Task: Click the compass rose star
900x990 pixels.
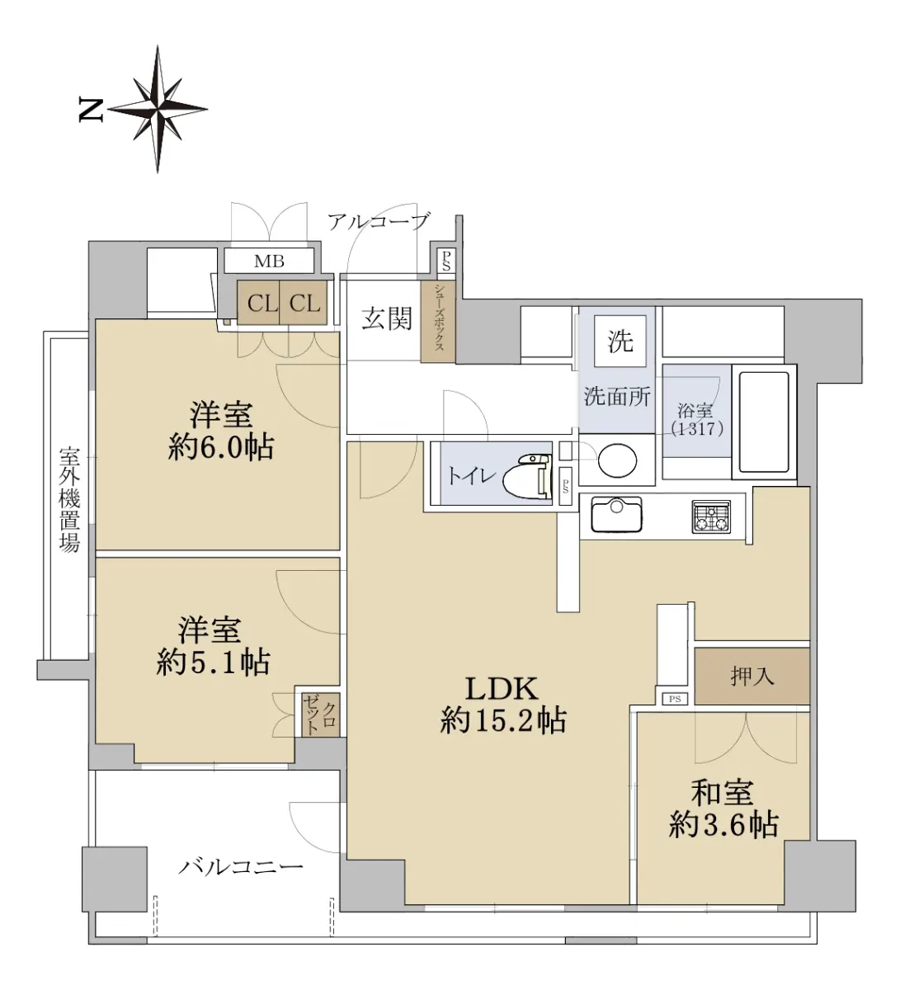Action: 158,109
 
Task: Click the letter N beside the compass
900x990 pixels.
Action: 91,110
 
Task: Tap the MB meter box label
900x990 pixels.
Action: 269,261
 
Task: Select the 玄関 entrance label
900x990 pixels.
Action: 387,318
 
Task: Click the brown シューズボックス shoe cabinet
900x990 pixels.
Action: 438,323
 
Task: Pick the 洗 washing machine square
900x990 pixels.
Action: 620,341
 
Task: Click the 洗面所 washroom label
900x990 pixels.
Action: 617,396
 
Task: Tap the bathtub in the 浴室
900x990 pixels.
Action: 764,422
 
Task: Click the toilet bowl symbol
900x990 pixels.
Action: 527,474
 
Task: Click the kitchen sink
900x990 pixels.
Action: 616,514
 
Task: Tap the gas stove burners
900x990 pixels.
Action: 712,516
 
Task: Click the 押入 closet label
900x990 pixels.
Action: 752,676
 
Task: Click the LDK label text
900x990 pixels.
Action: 502,690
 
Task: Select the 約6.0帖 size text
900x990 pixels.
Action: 221,448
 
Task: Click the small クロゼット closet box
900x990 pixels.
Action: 321,714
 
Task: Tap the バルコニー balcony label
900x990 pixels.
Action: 240,866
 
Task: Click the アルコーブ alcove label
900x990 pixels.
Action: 378,221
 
